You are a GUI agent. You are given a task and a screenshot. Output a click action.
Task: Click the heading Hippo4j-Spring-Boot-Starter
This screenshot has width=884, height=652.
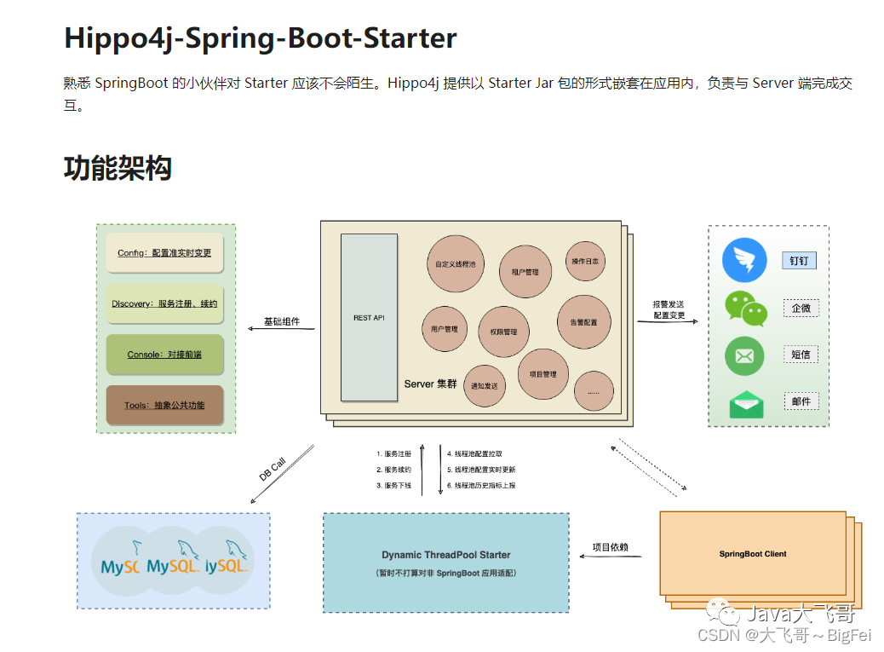260,38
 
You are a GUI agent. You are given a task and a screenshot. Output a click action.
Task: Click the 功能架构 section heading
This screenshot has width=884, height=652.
118,168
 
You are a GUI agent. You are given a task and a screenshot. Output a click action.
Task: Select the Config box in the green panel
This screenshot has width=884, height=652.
164,253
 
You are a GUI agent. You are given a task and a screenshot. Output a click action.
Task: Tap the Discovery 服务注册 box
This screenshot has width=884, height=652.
164,303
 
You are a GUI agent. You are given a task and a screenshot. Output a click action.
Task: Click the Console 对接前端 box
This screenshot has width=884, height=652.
164,355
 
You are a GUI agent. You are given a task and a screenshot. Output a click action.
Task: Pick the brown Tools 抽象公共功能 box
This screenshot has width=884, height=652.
164,405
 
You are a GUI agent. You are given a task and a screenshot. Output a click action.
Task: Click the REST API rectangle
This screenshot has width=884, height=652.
369,317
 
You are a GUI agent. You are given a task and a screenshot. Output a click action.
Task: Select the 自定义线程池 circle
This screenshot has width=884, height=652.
455,264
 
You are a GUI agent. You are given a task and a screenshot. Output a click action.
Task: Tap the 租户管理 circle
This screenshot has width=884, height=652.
525,272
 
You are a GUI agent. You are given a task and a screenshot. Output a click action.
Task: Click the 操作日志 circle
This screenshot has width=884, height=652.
585,262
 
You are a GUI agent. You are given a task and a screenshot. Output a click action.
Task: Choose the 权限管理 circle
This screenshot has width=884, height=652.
503,332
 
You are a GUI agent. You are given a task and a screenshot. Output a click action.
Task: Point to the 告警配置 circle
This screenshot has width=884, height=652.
583,322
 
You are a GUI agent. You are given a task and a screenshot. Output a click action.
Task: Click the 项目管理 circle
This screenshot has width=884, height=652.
542,374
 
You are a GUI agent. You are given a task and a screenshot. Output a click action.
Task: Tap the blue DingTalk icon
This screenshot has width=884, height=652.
744,260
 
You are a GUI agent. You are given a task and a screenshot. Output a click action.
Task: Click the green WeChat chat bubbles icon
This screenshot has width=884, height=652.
745,309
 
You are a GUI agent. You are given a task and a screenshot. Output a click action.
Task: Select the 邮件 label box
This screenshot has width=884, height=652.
801,401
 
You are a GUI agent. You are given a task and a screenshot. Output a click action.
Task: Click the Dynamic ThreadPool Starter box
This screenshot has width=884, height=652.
445,563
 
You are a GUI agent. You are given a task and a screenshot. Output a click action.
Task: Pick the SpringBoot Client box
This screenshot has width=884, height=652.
752,553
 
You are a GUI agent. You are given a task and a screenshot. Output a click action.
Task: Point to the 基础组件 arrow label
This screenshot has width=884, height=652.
281,322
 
